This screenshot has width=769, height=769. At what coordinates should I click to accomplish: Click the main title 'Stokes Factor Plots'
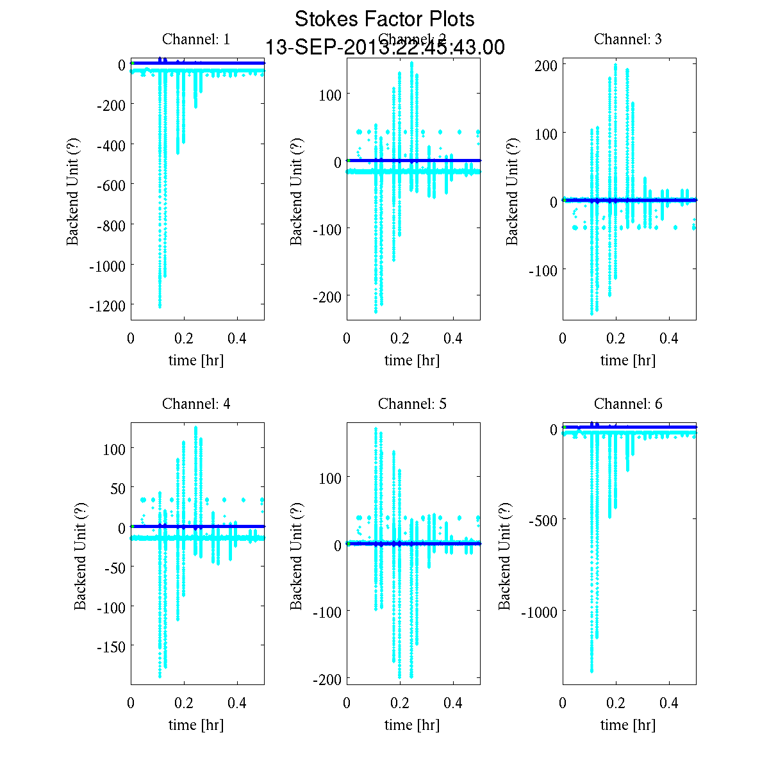tap(384, 19)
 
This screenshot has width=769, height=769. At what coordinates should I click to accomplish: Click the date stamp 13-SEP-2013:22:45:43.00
tap(384, 47)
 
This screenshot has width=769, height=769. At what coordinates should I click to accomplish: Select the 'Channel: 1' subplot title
tap(196, 39)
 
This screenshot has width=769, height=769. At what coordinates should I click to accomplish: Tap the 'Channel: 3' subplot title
tap(628, 39)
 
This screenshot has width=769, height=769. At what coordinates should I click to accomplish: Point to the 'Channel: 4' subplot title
tap(196, 404)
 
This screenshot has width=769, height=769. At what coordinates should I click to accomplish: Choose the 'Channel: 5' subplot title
tap(412, 404)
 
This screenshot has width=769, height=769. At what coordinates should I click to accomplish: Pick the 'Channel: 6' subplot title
tap(628, 404)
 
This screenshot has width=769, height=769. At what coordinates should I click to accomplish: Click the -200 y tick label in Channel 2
tap(327, 296)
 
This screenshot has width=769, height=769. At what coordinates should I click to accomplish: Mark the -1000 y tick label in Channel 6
tap(540, 612)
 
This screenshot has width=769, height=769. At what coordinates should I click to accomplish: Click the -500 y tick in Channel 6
tap(543, 520)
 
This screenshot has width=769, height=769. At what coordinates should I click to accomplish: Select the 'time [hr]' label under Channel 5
tap(412, 725)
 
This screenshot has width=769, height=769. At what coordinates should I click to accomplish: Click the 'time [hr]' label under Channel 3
tap(628, 360)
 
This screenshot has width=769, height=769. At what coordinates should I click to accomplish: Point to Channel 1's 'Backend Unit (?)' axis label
tap(73, 192)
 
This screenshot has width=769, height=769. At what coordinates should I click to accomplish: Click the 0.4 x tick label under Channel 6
tap(669, 703)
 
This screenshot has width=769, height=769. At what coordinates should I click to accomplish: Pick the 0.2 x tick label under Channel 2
tap(400, 338)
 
